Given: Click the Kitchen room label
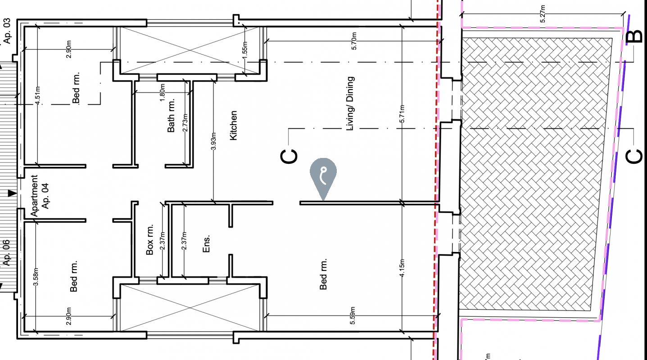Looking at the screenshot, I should coord(233,126).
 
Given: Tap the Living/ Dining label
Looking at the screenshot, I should coord(350,104).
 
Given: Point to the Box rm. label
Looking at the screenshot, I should coord(150,240).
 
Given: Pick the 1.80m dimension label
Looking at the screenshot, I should coord(163,91).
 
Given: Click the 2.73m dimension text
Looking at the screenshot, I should coord(185,122).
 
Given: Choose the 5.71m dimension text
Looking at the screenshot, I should coord(402,115).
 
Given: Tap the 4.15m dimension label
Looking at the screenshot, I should coord(402,269).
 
